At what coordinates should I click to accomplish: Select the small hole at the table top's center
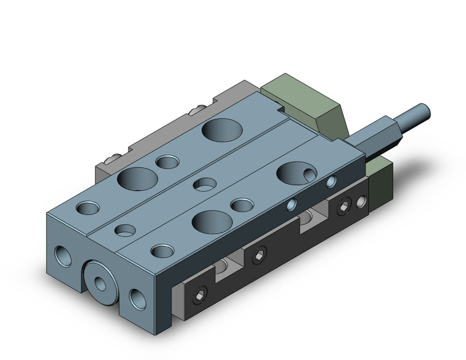pyautogui.click(x=204, y=183)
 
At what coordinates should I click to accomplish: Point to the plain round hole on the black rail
pyautogui.click(x=362, y=200)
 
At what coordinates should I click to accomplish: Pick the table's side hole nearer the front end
pyautogui.click(x=293, y=205)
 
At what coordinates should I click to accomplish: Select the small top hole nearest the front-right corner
pyautogui.click(x=162, y=250)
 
